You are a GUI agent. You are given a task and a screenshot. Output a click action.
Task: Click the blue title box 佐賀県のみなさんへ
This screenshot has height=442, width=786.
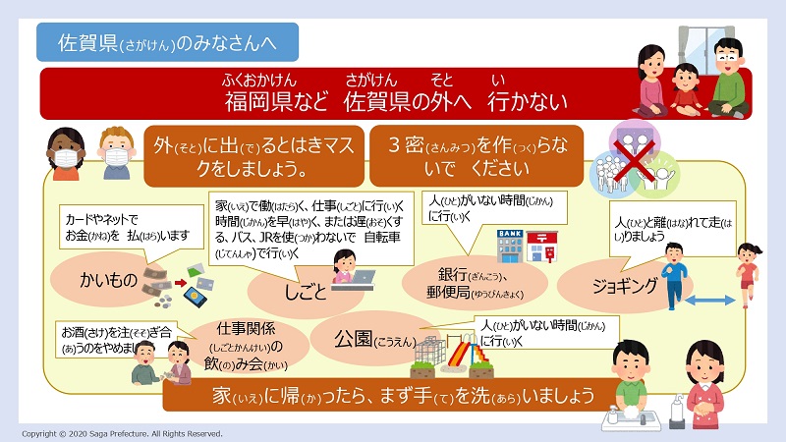(x=167, y=42)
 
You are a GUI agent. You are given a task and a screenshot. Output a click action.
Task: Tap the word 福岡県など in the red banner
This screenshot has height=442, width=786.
(x=276, y=101)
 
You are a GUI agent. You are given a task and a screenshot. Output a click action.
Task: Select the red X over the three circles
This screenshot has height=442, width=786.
(x=634, y=160)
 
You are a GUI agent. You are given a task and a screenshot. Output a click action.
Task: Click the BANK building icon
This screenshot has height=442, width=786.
(x=510, y=246)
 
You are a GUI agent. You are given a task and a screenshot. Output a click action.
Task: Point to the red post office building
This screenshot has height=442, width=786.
(x=542, y=247)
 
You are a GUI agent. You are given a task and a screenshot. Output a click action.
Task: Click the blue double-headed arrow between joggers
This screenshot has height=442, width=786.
(x=709, y=301)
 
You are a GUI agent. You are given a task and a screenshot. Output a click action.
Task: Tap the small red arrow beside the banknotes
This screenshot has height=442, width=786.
(x=181, y=283)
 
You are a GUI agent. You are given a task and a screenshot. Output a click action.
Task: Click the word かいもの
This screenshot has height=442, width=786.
(x=108, y=280)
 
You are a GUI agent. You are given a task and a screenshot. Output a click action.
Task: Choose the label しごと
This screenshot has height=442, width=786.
(x=306, y=292)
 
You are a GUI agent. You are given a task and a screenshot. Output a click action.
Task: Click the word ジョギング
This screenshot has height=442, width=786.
(x=625, y=286)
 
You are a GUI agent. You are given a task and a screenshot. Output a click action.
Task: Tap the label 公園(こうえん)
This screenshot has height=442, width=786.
(x=375, y=339)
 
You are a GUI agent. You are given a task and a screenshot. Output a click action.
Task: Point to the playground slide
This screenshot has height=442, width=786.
(x=469, y=350)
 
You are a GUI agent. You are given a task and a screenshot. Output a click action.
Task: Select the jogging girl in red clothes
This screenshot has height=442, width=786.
(x=748, y=274)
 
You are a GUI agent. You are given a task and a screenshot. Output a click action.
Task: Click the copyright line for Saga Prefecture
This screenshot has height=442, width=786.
(x=122, y=433)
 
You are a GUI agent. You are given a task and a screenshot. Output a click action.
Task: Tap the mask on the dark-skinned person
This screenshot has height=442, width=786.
(x=66, y=158)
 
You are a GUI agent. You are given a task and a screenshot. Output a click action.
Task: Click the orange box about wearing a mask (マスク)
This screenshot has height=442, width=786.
(x=254, y=156)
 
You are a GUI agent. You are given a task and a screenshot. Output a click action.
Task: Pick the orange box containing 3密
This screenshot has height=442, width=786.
(x=477, y=156)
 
